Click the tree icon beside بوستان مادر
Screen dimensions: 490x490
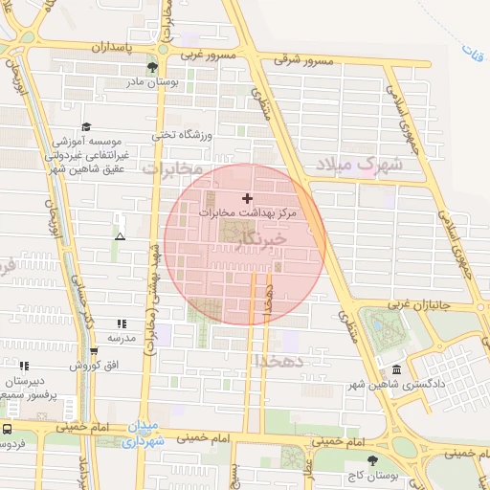pos(152,66)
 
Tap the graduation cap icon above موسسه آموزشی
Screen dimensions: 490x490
pos(86,126)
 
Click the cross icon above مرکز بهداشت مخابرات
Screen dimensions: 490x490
pos(248,199)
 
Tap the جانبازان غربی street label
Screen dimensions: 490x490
pos(444,307)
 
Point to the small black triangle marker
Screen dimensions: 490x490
pos(120,235)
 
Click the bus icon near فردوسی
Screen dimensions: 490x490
pos(6,430)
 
